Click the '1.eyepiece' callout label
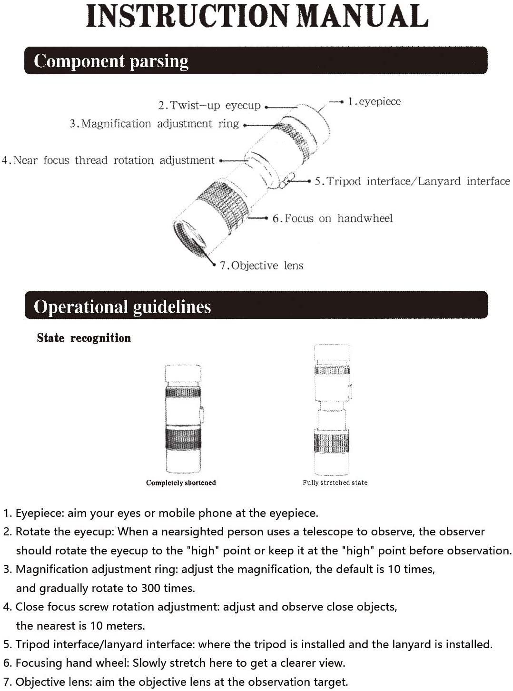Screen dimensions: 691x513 tap(374, 101)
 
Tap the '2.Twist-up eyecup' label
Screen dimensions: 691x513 tap(209, 105)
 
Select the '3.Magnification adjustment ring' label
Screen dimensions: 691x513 tap(154, 124)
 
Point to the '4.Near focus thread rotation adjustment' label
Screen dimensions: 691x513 tap(109, 160)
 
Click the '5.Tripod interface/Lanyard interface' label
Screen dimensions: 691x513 tap(412, 181)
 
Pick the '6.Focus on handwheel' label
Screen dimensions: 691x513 tap(332, 218)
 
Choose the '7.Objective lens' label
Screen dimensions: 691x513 tap(261, 266)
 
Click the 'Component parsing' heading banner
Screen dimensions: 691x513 tap(256, 61)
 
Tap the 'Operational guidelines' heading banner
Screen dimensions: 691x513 tap(256, 306)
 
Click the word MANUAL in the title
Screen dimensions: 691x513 tap(363, 16)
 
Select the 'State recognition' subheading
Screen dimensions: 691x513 tap(84, 338)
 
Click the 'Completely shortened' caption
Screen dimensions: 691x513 tap(181, 483)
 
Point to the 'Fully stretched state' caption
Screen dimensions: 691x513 tap(335, 483)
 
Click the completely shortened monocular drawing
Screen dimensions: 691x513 tap(183, 419)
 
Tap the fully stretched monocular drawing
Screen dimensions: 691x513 tap(332, 409)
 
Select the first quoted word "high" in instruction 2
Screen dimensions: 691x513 tap(203, 551)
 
